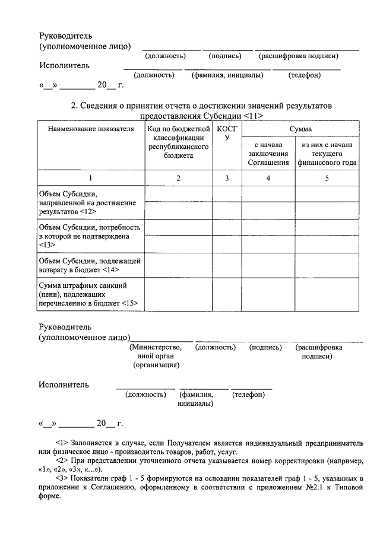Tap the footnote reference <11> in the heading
(x=254, y=116)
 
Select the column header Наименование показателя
(x=91, y=129)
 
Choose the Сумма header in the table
(x=300, y=129)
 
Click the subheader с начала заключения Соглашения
(x=268, y=153)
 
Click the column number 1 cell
(x=91, y=178)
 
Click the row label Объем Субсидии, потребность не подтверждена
(x=89, y=236)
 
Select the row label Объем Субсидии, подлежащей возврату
(x=89, y=265)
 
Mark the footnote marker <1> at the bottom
(x=62, y=443)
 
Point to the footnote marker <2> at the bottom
(x=62, y=460)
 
